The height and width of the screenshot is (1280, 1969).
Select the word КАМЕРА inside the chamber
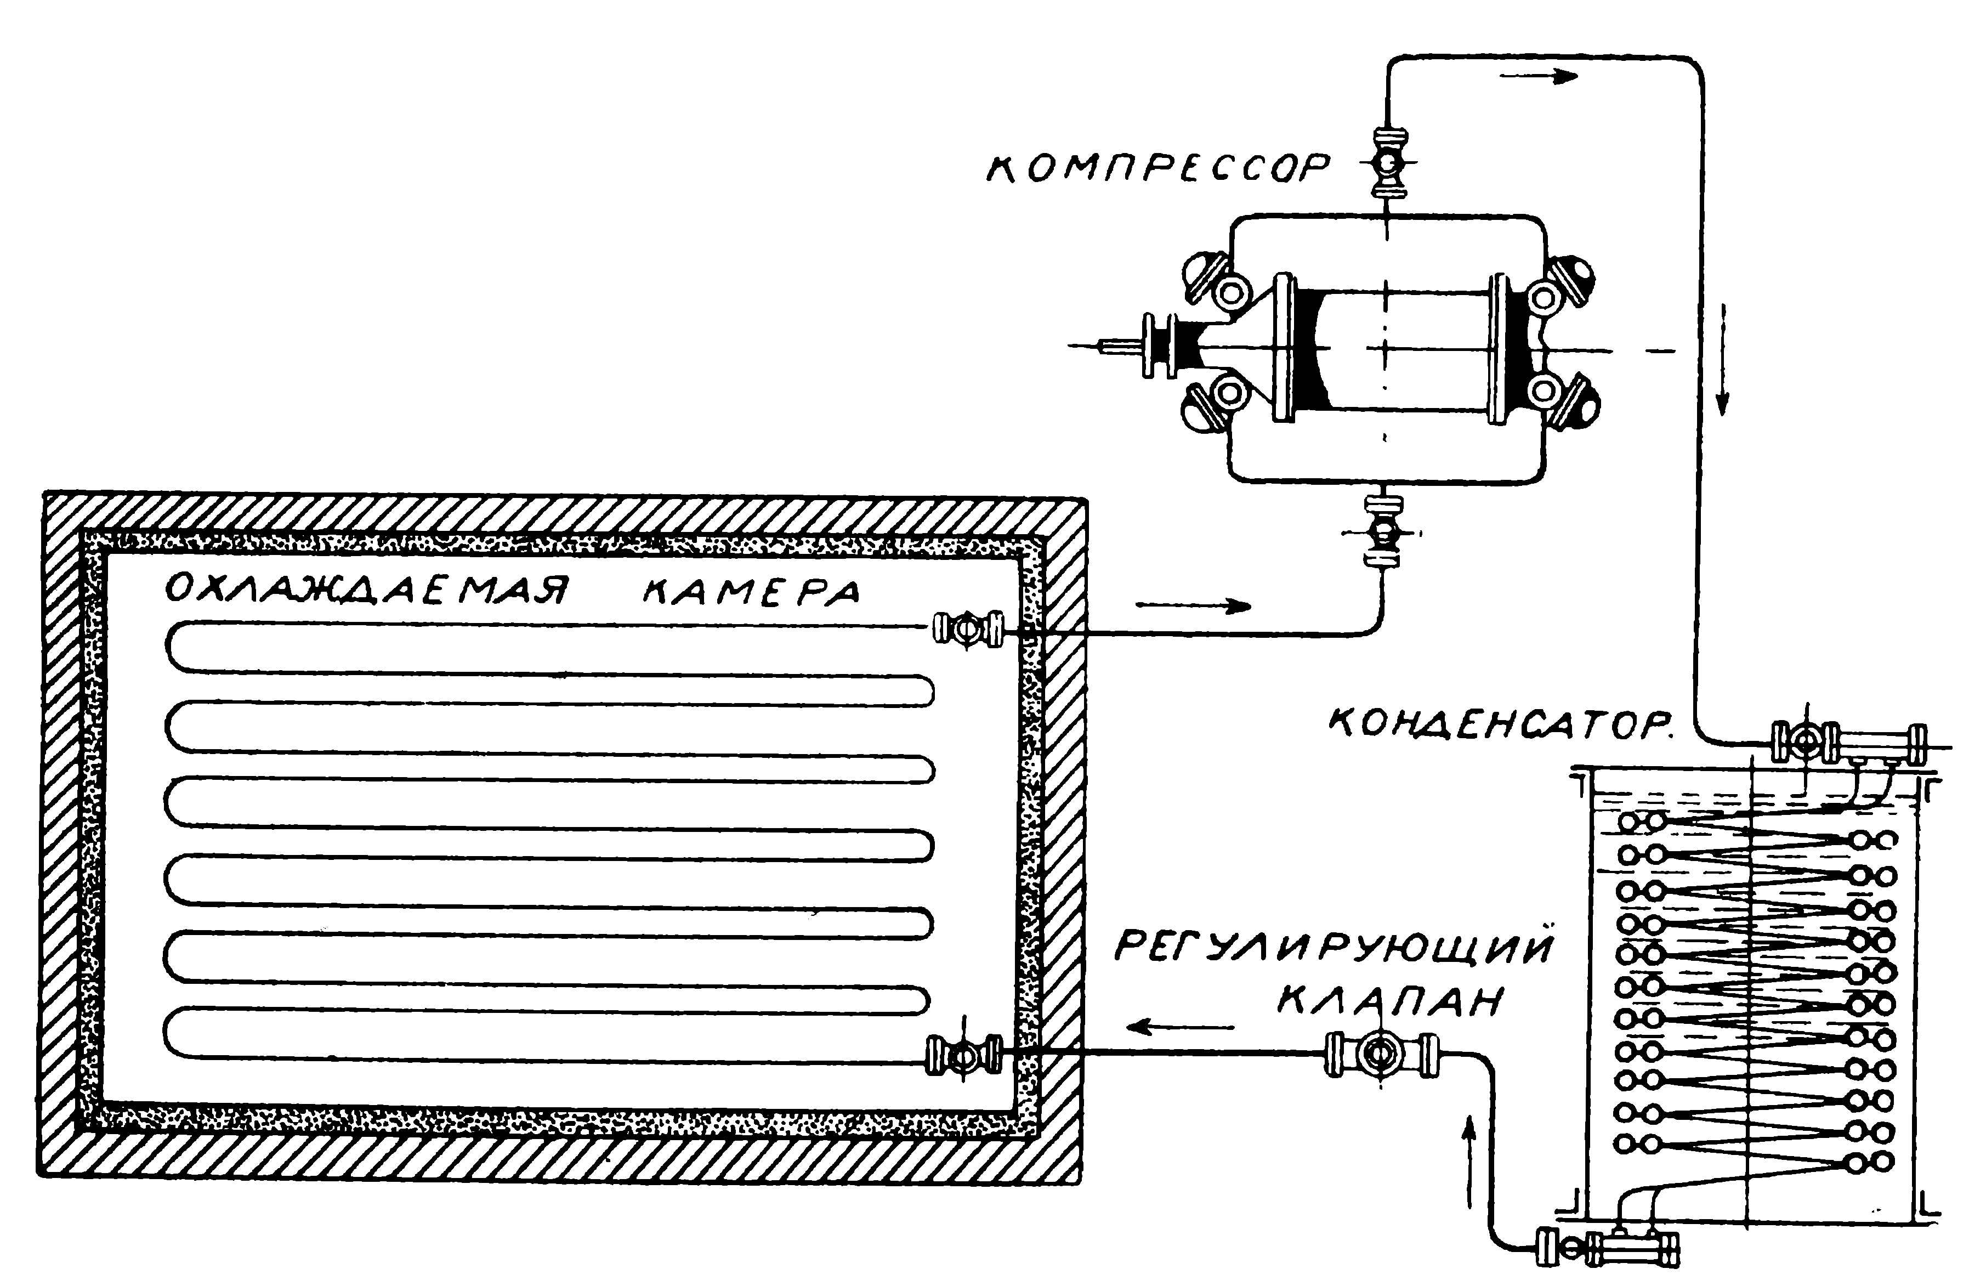click(752, 592)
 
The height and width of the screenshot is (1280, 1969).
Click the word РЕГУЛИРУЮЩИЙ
click(1334, 947)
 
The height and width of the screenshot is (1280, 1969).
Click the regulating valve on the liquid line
click(1380, 1054)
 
